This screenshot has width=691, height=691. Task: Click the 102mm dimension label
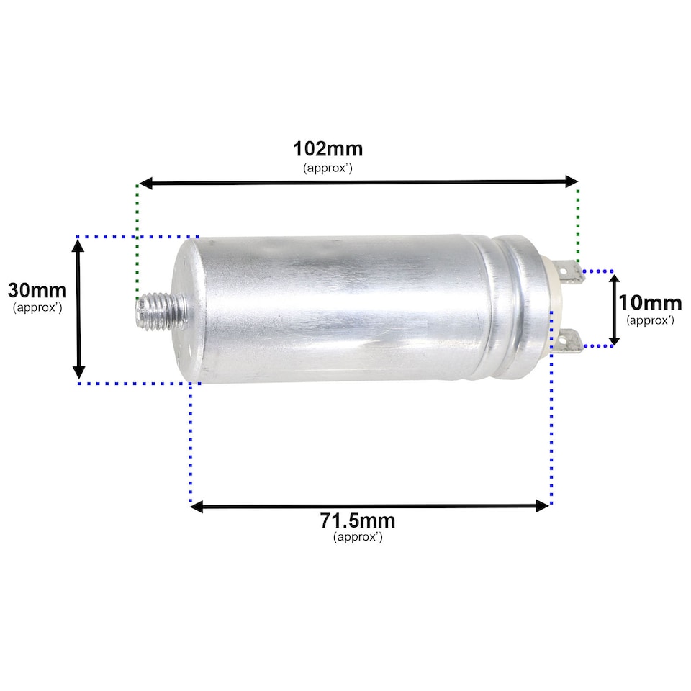[x=328, y=149]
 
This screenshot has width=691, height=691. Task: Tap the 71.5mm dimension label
[x=358, y=520]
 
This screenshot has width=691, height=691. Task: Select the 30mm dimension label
[x=37, y=291]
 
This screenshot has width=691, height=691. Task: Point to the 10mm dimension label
[x=650, y=302]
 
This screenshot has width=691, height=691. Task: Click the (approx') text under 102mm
[x=328, y=168]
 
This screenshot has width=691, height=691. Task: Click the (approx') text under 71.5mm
[x=358, y=537]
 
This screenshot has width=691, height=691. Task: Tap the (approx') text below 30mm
[x=37, y=307]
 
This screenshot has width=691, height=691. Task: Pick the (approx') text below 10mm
[x=650, y=320]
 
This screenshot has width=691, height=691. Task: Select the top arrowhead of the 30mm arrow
[x=79, y=245]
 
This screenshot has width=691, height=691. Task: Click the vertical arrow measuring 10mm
[x=614, y=309]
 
